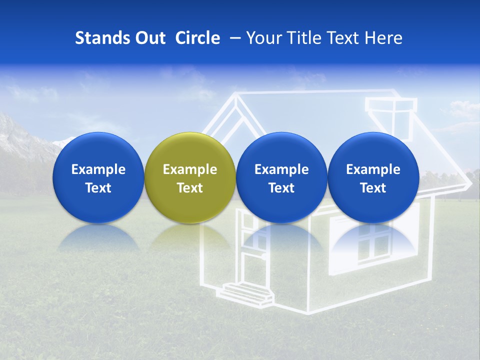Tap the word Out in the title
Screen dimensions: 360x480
(148, 38)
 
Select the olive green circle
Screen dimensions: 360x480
(189, 150)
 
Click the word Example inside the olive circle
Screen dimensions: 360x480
(189, 169)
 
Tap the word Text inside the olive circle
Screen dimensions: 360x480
(189, 188)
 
